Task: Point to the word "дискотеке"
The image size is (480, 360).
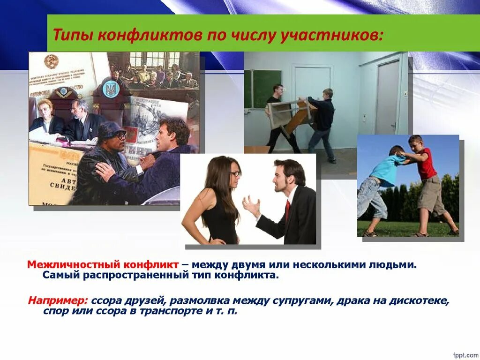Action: coord(422,300)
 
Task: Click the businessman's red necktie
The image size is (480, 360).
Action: coord(287,210)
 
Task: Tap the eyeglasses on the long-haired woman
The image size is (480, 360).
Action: coord(235,173)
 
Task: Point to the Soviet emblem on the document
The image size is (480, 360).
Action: coord(51,61)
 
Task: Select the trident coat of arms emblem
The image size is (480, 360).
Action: coord(111,89)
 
